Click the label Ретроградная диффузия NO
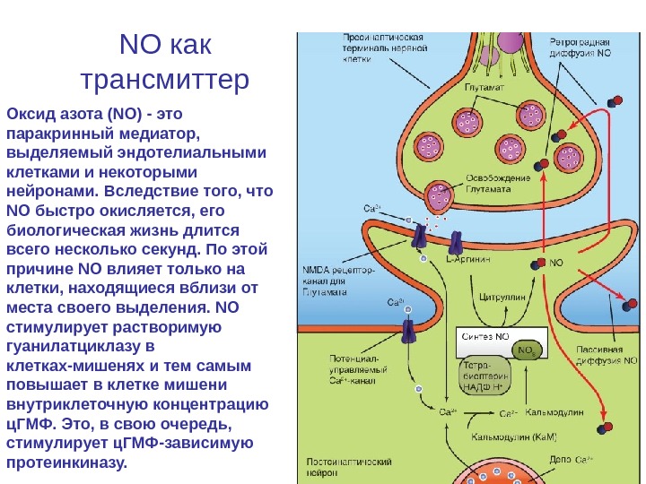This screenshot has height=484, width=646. pyautogui.click(x=581, y=48)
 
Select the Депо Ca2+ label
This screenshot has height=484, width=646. pyautogui.click(x=570, y=460)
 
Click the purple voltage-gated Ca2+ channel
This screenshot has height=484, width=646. pyautogui.click(x=409, y=331)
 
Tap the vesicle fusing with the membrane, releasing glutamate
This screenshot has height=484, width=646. pyautogui.click(x=441, y=195)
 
